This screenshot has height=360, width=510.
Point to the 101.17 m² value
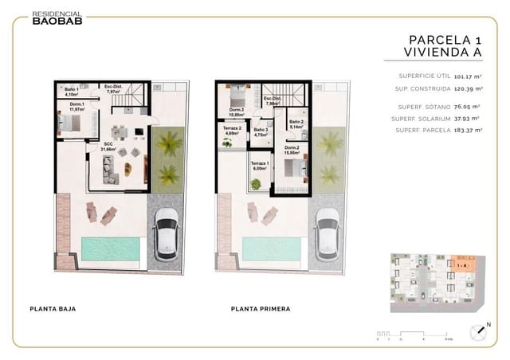[x=467, y=76]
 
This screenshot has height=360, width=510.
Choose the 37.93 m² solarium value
[x=468, y=118]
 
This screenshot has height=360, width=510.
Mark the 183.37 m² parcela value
[x=468, y=130]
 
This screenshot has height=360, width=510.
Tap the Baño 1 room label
[x=70, y=91]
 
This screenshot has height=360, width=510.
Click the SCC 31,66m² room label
[x=108, y=147]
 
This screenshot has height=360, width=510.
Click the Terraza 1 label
[x=261, y=166]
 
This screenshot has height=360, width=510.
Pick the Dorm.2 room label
[x=292, y=150]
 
